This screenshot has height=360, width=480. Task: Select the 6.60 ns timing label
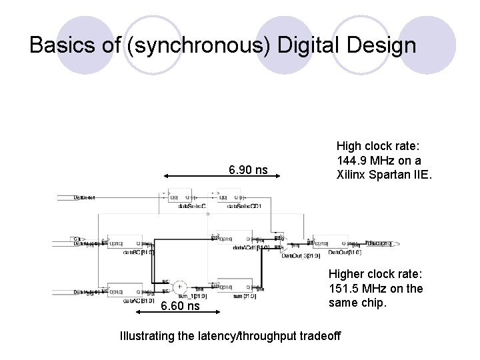(x=180, y=306)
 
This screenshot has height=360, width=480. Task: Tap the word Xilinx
(x=353, y=175)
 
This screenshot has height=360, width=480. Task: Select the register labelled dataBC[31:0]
(x=124, y=244)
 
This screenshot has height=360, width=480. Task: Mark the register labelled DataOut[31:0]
(x=330, y=244)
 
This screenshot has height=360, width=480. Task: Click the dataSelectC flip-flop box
(x=175, y=198)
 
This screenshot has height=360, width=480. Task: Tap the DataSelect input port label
(x=84, y=197)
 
